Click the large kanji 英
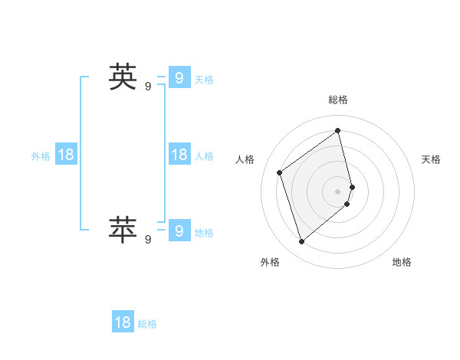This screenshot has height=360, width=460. point(123,77)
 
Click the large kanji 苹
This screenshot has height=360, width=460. point(123,230)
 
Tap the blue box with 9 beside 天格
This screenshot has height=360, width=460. point(179,77)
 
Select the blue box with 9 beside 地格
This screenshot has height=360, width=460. point(179,231)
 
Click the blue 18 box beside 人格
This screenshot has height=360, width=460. point(179,155)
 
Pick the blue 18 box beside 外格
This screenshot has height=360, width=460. point(66,155)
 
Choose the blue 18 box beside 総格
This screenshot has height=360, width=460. point(123,322)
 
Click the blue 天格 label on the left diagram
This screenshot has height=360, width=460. point(204,80)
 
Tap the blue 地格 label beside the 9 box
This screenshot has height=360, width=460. point(204,233)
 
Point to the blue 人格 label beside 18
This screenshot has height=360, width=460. point(204,156)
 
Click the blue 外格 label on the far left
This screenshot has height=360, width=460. point(41,156)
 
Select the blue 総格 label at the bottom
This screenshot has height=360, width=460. point(147,325)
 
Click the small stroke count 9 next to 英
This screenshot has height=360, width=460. point(148,87)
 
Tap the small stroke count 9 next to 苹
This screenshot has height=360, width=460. point(148,240)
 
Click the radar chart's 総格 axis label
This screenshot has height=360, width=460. point(338,100)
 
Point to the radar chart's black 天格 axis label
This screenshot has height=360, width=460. point(431,159)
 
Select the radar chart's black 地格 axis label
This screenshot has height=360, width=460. point(402,262)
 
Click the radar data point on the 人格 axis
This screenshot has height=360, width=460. point(280,172)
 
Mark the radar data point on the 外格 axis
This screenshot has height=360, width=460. point(301,242)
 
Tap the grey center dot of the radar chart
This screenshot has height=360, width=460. point(338,191)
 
